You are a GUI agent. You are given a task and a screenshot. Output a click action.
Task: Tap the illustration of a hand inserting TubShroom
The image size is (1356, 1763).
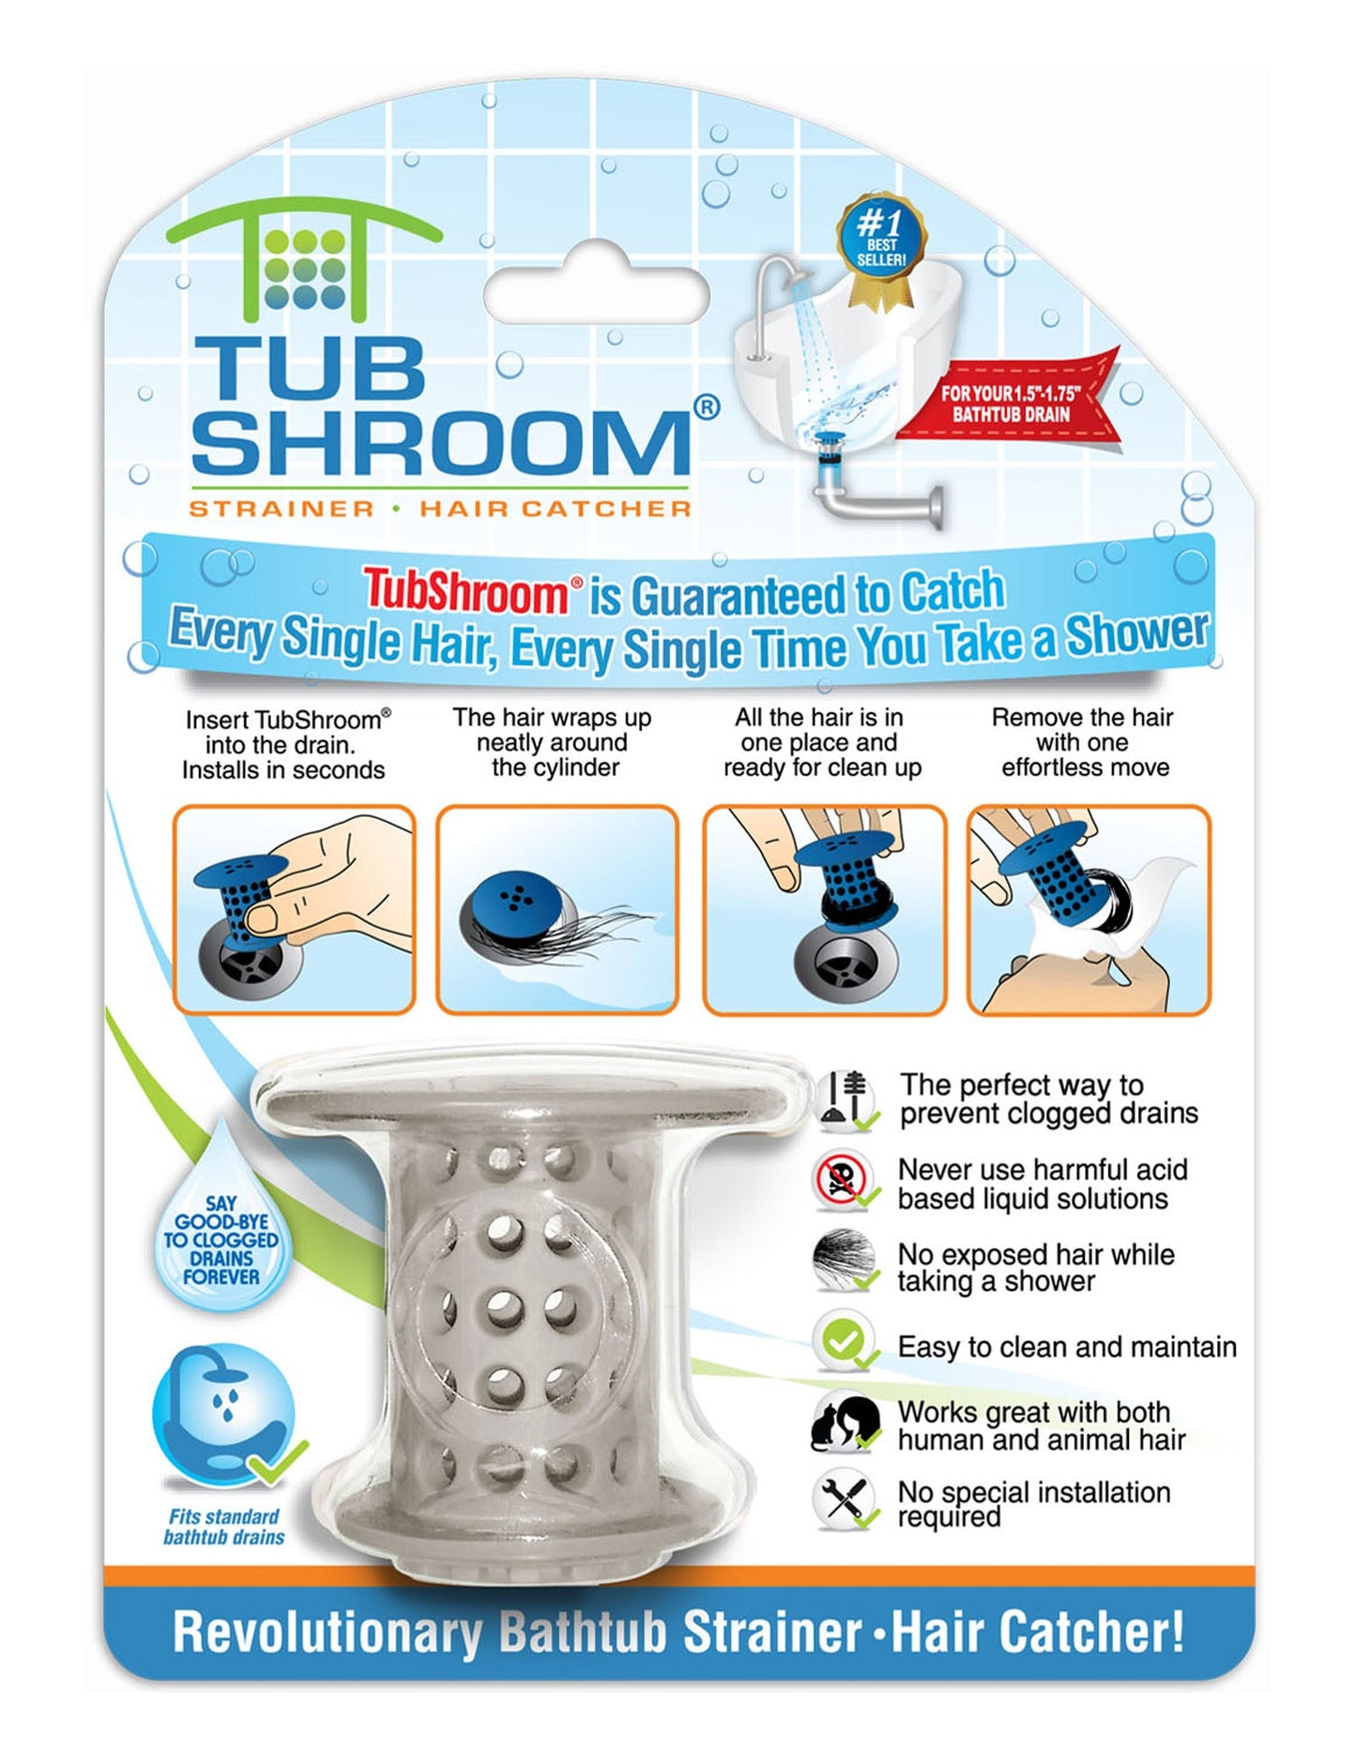tap(294, 909)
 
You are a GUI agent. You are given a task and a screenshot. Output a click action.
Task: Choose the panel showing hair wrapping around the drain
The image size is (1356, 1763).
tap(557, 909)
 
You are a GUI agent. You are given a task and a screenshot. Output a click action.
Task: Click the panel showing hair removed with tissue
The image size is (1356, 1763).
tap(1089, 909)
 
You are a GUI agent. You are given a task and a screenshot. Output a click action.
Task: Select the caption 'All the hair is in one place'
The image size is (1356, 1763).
tap(820, 742)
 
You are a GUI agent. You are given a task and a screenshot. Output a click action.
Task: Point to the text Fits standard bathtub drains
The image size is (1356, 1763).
tap(223, 1527)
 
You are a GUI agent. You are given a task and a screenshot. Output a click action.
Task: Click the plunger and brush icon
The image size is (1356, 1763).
tap(845, 1098)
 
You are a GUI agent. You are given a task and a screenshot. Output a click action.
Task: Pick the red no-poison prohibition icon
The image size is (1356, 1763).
tap(842, 1182)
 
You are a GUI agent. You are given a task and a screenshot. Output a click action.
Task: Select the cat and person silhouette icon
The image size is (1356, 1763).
tap(845, 1424)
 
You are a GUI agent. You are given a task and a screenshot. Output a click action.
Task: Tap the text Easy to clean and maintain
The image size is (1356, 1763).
tap(1066, 1347)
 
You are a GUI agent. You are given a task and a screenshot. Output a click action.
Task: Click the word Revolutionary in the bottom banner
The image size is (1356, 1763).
tap(327, 1633)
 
